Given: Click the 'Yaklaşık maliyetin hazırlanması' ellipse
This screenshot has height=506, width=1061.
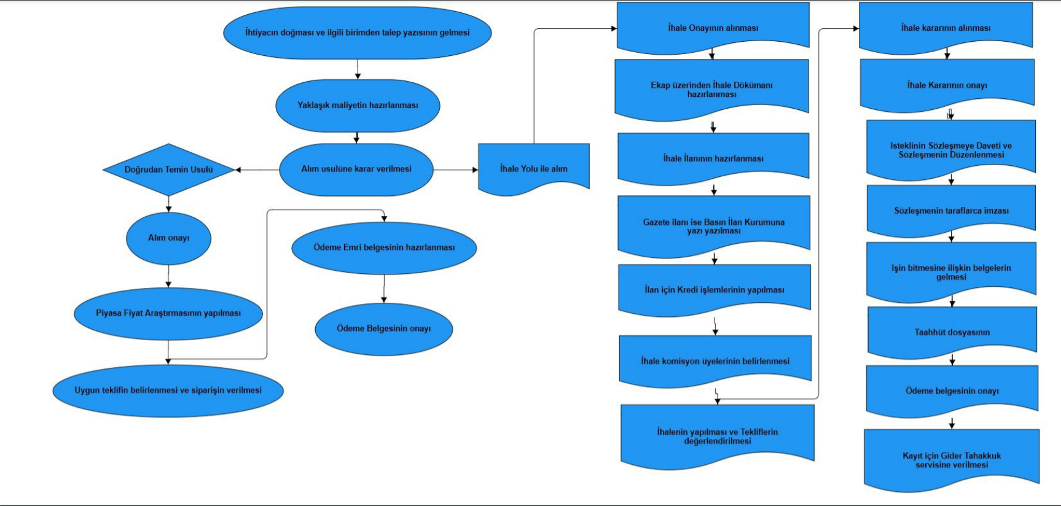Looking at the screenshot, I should click(358, 106).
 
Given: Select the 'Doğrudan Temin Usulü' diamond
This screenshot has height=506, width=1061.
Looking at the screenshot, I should click(168, 169).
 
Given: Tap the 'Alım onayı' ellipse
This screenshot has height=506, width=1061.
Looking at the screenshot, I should click(168, 238).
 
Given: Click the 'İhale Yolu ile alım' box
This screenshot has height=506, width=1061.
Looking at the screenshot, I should click(533, 169).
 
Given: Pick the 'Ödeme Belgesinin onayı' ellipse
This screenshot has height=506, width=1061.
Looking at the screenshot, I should click(383, 329).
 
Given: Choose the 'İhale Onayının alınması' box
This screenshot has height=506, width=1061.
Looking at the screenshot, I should click(713, 28).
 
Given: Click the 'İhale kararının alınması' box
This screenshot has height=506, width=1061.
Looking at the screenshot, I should click(946, 28).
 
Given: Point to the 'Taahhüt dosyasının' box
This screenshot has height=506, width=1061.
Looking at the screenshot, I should click(952, 332).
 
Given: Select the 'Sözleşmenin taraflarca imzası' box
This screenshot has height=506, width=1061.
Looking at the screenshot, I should click(951, 211).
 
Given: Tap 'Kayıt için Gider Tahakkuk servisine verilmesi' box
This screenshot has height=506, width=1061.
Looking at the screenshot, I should click(952, 460).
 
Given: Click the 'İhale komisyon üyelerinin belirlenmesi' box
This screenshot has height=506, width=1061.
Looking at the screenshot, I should click(715, 361).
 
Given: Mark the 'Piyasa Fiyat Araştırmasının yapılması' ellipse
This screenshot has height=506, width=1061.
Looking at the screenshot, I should click(168, 313).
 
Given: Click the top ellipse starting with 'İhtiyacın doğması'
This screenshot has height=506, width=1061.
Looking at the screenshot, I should click(357, 33).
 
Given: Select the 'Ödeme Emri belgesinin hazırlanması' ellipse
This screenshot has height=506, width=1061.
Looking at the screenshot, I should click(384, 247).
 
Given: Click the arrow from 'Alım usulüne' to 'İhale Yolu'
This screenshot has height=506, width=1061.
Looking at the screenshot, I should click(455, 169).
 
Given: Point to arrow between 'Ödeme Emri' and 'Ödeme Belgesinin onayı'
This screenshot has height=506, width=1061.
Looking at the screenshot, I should click(384, 289).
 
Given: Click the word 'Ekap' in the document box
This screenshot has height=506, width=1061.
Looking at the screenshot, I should click(660, 85).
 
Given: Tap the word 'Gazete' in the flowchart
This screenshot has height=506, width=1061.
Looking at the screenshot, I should click(657, 222).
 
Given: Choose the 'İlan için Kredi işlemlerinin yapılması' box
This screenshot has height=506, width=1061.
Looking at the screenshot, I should click(714, 290).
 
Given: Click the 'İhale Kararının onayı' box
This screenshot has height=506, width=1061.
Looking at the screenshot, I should click(947, 85).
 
